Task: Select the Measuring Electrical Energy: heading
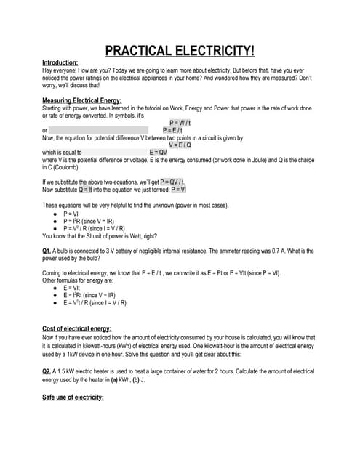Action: coord(82,100)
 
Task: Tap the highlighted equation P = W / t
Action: coord(180,123)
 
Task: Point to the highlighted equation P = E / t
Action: coord(172,130)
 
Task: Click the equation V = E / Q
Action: coord(180,145)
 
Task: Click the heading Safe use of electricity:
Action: coord(73,397)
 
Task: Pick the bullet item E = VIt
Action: coord(71,288)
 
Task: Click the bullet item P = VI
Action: coord(71,214)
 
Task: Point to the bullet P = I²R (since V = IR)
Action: coord(92,222)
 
